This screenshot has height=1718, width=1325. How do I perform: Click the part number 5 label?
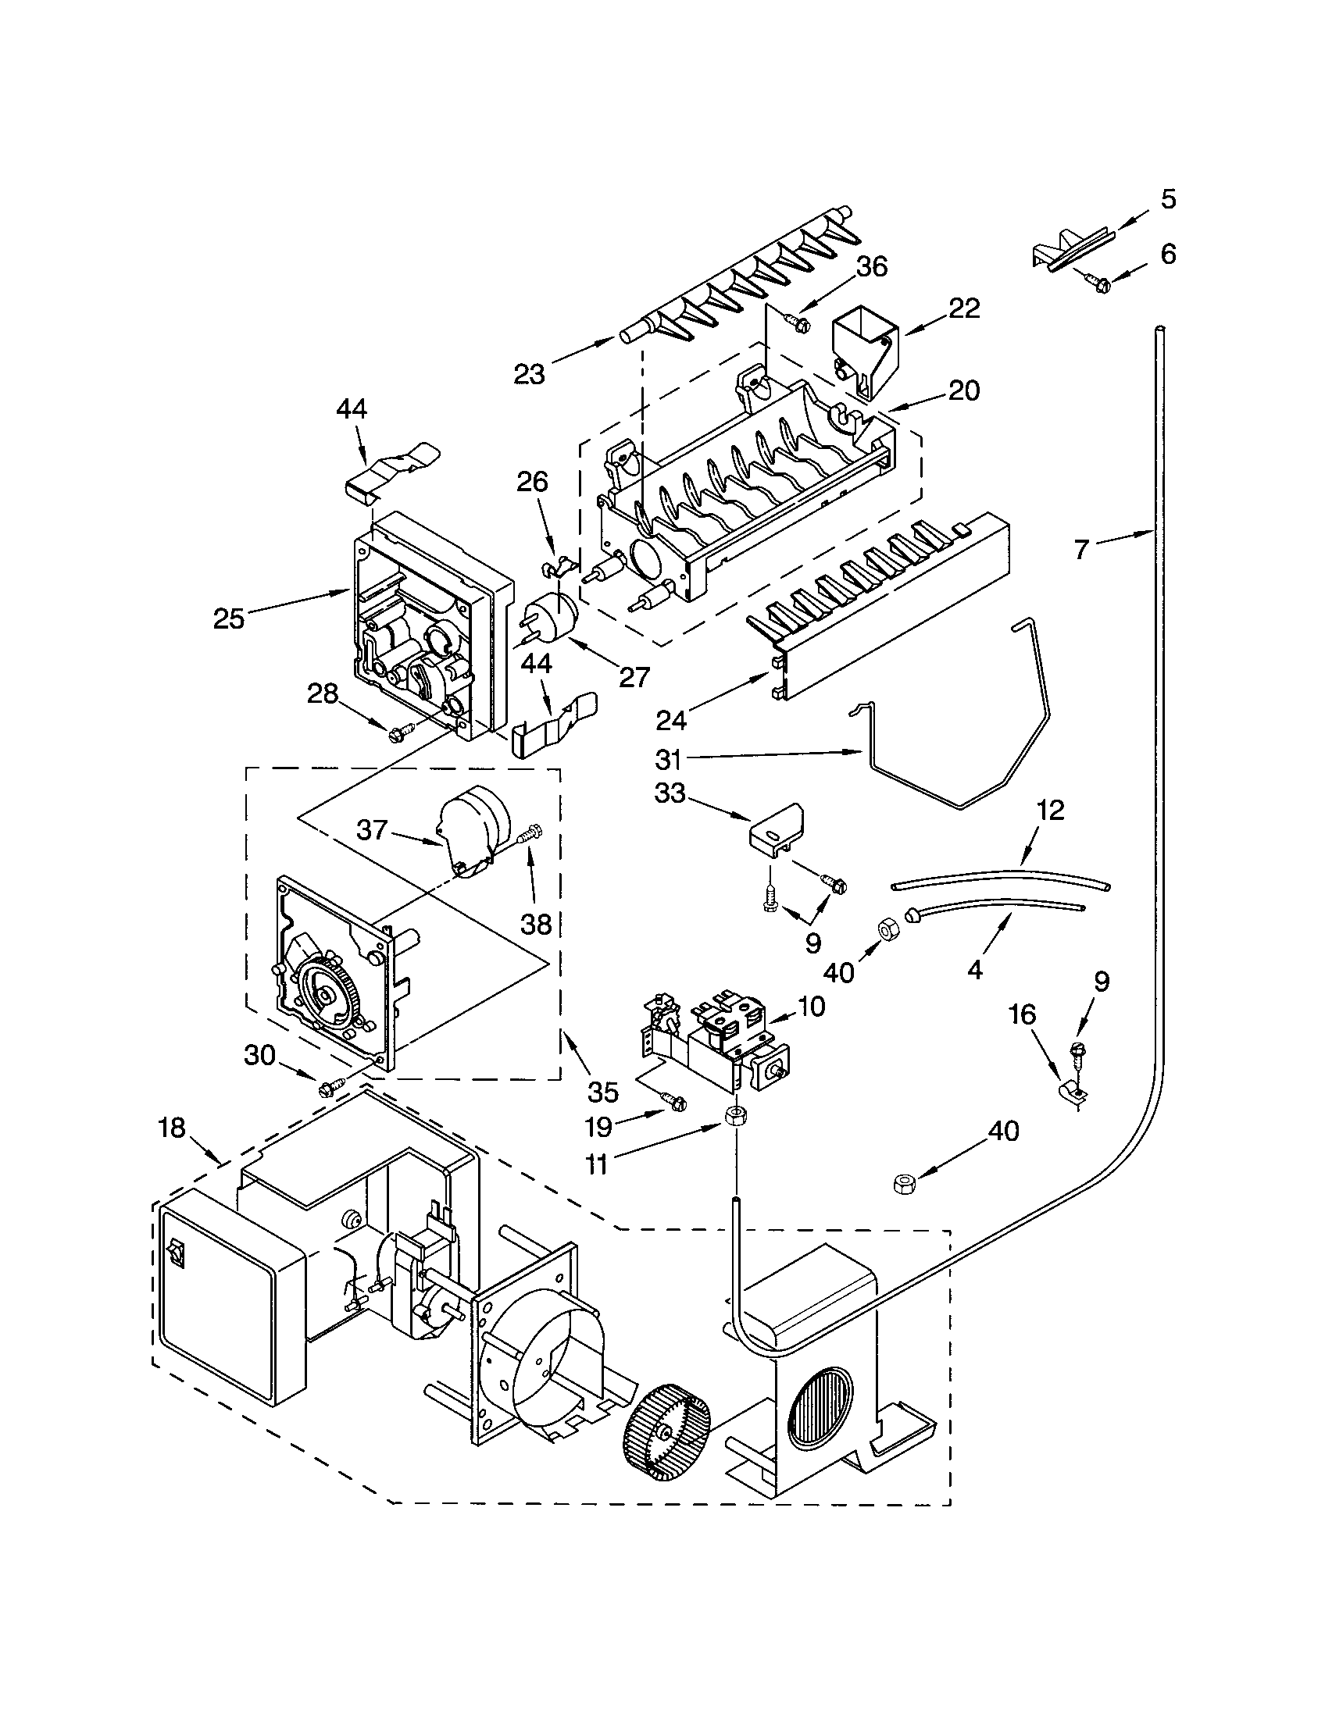point(1169,200)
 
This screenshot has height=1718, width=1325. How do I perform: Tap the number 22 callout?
point(965,309)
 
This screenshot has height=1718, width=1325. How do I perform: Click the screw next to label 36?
point(798,323)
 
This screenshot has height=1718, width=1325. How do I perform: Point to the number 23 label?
point(529,375)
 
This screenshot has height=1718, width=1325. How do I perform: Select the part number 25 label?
point(229,618)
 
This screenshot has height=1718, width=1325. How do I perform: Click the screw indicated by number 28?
point(396,734)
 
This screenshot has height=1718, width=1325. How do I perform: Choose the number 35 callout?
point(602,1092)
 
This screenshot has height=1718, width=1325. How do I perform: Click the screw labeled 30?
point(329,1089)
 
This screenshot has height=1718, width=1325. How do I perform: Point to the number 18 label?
point(171,1128)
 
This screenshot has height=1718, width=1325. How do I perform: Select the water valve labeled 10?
point(720,1039)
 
